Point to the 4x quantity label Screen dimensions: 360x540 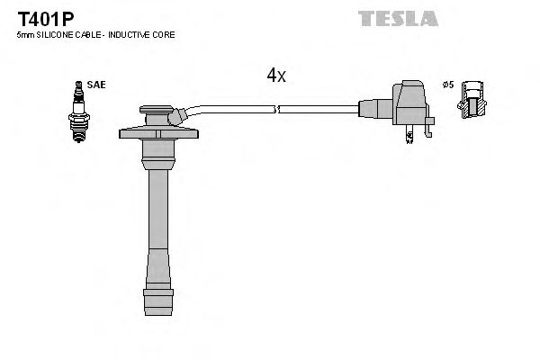click(x=275, y=76)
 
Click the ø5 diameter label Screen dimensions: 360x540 click(x=447, y=85)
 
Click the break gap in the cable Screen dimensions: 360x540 click(x=276, y=110)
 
